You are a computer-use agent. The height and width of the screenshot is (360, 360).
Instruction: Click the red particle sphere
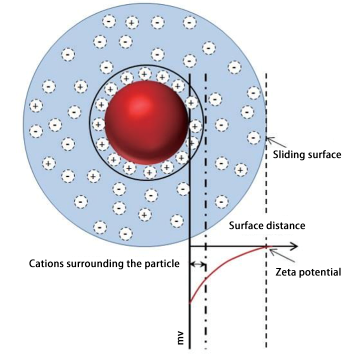146,122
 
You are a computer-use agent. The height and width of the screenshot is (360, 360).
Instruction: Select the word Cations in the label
46,263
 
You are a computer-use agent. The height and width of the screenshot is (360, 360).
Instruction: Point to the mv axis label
180,337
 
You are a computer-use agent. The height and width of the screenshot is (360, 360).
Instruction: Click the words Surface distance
267,225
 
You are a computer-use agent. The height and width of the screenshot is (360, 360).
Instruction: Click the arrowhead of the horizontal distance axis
294,246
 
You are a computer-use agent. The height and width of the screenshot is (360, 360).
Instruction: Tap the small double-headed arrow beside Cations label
197,264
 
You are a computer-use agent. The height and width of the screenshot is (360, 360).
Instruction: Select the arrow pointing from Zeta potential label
282,255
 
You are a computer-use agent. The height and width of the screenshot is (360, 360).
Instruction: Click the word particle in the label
162,264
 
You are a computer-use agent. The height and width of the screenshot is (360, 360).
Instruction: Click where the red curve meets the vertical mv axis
189,303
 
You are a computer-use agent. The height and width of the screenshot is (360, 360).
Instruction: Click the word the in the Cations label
134,263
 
